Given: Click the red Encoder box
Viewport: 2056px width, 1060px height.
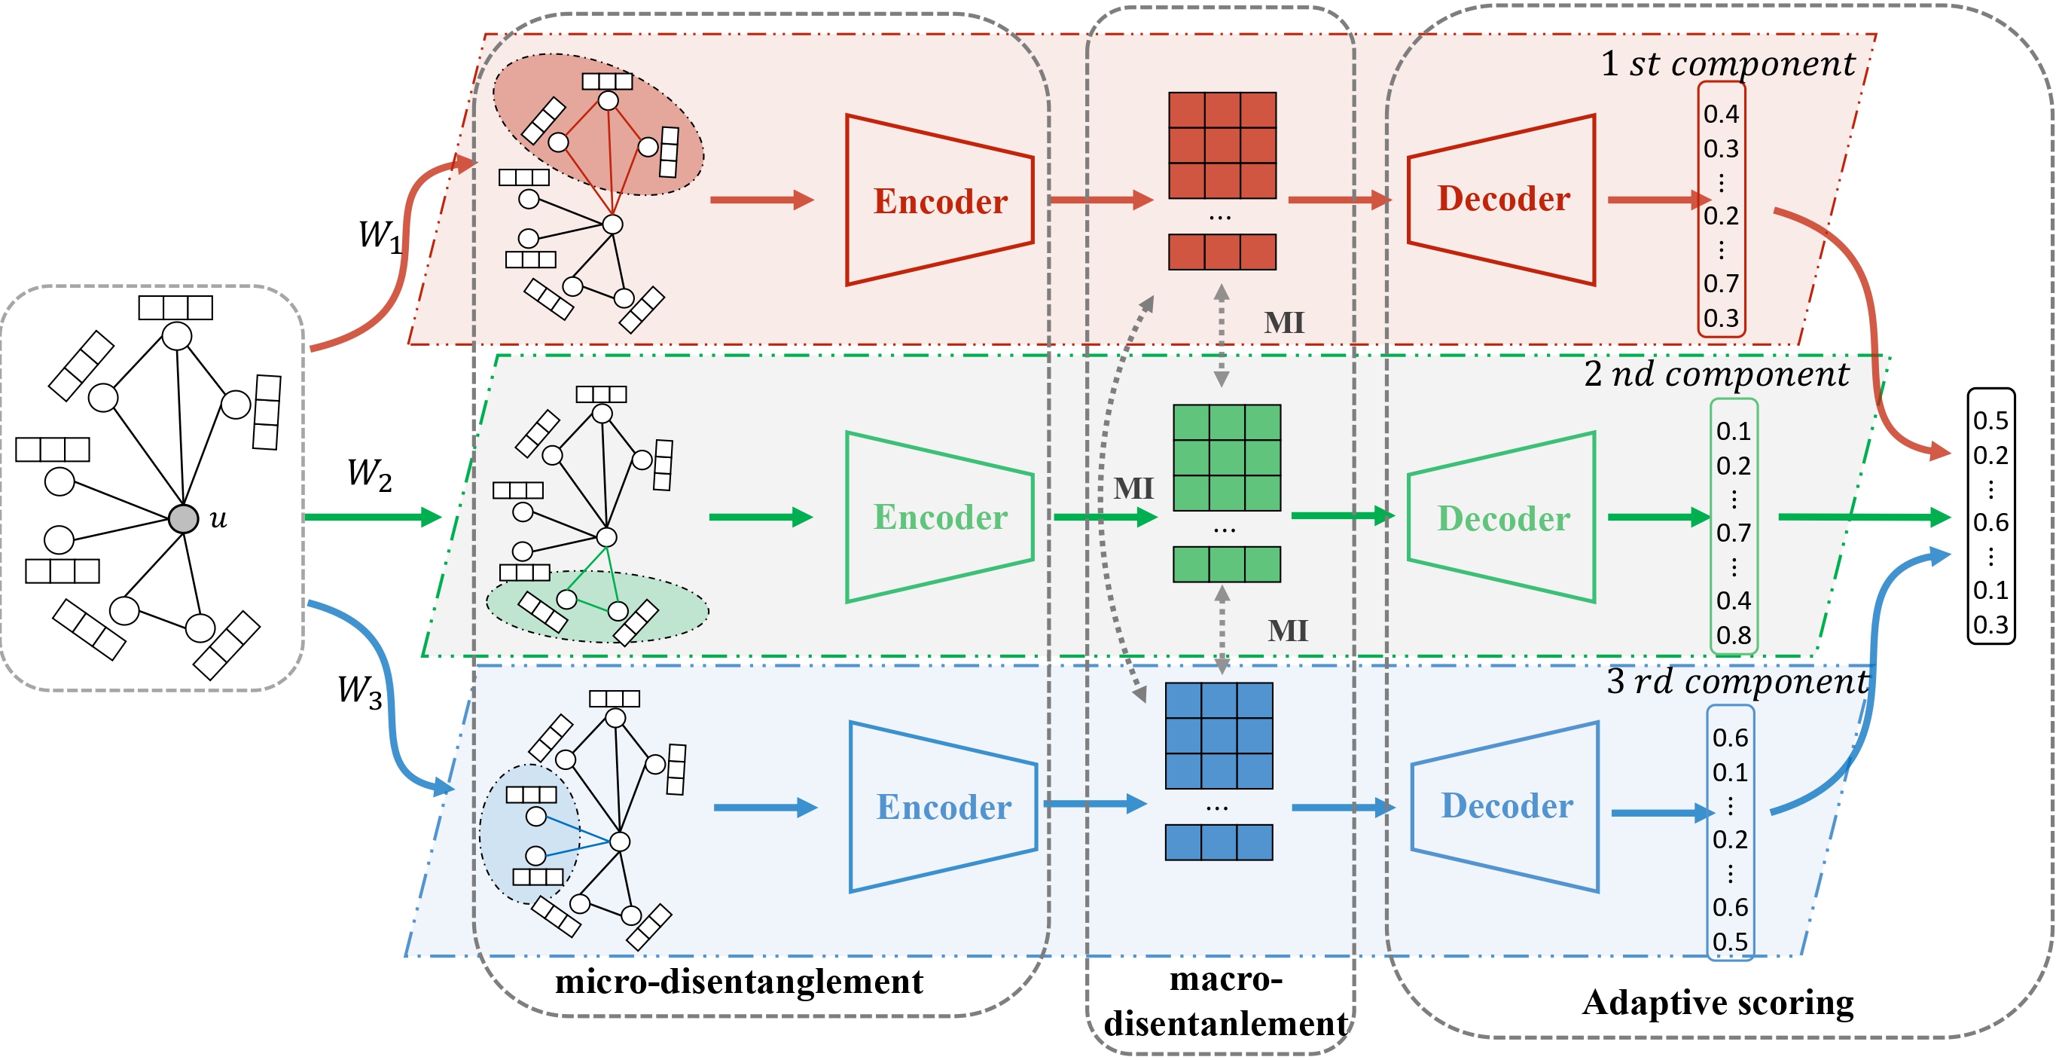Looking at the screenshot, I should [x=939, y=200].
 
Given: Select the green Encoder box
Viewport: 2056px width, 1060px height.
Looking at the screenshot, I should [x=939, y=518].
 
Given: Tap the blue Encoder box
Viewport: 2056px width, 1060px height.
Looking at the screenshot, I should [x=943, y=807].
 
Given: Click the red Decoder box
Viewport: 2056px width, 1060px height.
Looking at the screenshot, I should [x=1502, y=199].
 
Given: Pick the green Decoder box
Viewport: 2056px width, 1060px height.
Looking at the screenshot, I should [x=1502, y=518].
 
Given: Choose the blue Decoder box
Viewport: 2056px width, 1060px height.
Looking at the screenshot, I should [x=1505, y=806].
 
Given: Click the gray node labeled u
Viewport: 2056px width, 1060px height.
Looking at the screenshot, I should [x=183, y=519].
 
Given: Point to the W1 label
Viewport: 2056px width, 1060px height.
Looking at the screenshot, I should [x=379, y=237].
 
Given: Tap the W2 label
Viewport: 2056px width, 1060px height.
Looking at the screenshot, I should [x=369, y=474].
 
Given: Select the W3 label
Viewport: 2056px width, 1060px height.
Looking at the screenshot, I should [x=359, y=692].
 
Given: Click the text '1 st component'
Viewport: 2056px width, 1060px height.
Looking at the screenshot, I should [x=1727, y=64].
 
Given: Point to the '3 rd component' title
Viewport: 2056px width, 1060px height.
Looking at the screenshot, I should [x=1737, y=682].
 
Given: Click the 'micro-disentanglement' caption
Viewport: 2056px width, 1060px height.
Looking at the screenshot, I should [x=738, y=981].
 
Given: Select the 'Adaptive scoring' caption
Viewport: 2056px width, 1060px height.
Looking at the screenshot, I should [x=1717, y=1003].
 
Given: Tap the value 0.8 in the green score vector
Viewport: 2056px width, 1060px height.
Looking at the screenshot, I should [x=1734, y=635].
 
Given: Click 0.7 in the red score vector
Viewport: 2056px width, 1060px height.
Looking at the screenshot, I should [x=1721, y=283].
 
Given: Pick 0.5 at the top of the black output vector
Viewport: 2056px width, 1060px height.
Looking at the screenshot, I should [x=1990, y=420].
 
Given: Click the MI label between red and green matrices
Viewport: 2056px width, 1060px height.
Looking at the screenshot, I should [x=1283, y=322].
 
